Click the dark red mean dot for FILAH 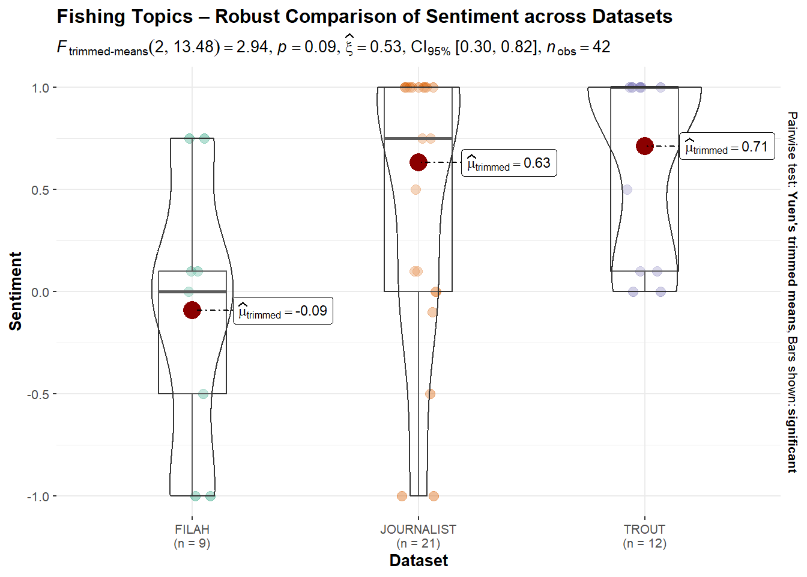tap(192, 310)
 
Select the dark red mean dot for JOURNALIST tap(419, 162)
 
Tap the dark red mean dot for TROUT tap(645, 146)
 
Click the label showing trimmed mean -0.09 tap(283, 311)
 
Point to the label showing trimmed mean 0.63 tap(509, 163)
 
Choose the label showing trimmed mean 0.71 tap(727, 147)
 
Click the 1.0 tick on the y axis tap(40, 88)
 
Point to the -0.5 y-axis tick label tap(38, 394)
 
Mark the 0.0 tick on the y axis tap(40, 292)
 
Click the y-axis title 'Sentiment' tap(16, 291)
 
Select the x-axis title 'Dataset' tap(419, 561)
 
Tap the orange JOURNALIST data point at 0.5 tap(416, 190)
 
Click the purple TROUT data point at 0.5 tap(627, 190)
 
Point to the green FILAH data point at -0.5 tap(203, 394)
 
